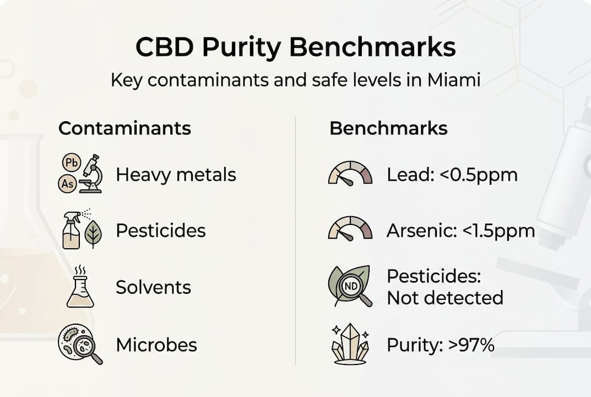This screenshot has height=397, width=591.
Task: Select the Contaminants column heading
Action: click(124, 128)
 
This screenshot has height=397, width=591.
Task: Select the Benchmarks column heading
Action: click(388, 128)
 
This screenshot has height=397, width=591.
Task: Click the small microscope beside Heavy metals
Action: click(91, 174)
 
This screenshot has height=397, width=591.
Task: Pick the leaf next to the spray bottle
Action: click(93, 234)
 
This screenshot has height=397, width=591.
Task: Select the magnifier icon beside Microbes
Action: click(80, 345)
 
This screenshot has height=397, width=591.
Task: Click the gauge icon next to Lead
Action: click(350, 173)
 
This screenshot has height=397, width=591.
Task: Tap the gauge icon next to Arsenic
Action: click(350, 228)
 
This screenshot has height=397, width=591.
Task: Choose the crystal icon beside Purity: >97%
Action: click(350, 345)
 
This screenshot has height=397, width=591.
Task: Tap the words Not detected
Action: click(445, 298)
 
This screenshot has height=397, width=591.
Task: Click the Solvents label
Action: click(153, 287)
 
